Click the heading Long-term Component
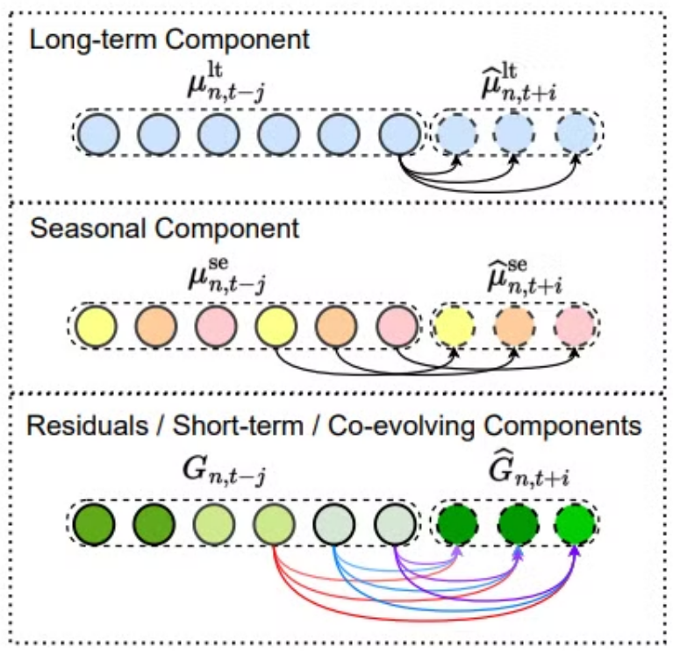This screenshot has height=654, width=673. tap(168, 40)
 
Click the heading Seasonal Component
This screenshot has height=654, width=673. tap(164, 229)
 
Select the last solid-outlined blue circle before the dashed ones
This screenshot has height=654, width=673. tap(399, 135)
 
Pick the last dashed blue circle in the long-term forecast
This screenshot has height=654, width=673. tap(575, 135)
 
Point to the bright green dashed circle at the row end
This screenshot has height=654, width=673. tap(575, 526)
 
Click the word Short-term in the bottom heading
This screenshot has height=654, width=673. tap(225, 427)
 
